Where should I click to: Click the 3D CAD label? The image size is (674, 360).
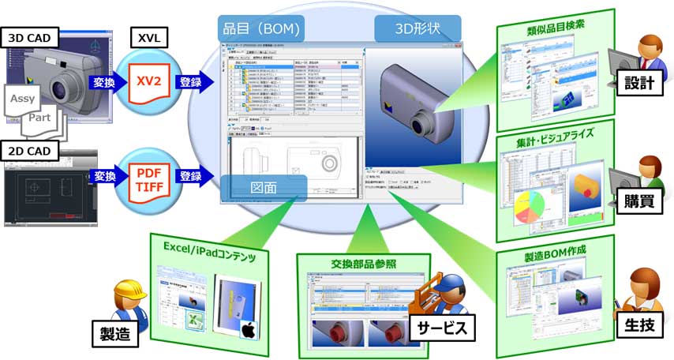[x=30, y=36]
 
